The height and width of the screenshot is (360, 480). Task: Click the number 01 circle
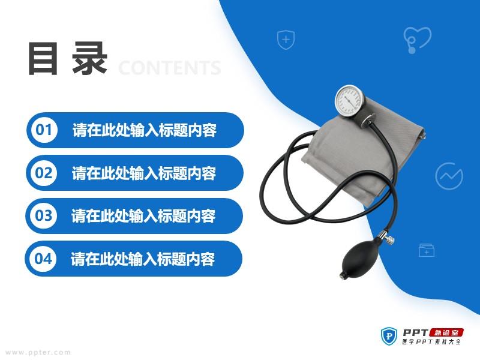click(x=44, y=130)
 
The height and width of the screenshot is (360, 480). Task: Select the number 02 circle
click(x=44, y=173)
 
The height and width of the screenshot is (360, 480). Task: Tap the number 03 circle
click(x=43, y=216)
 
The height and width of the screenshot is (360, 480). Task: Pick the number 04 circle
click(x=43, y=259)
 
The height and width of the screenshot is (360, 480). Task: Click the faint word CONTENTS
click(x=170, y=68)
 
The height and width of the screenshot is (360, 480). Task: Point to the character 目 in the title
click(x=43, y=58)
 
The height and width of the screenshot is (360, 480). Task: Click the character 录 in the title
click(x=90, y=58)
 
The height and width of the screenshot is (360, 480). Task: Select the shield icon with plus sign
click(x=286, y=40)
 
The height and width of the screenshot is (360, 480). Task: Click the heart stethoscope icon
click(x=417, y=40)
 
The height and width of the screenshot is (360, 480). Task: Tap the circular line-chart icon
click(x=449, y=176)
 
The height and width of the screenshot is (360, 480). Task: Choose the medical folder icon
click(x=427, y=250)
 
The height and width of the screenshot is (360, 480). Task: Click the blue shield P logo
click(x=389, y=336)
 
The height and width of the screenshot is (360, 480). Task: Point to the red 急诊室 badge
click(x=446, y=333)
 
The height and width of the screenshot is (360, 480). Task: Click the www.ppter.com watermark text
click(x=38, y=353)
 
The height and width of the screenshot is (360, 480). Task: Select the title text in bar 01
click(x=145, y=130)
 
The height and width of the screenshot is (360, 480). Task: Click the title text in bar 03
click(x=143, y=216)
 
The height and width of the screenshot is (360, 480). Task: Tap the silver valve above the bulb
click(x=386, y=238)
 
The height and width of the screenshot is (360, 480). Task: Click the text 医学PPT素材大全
click(x=431, y=341)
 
